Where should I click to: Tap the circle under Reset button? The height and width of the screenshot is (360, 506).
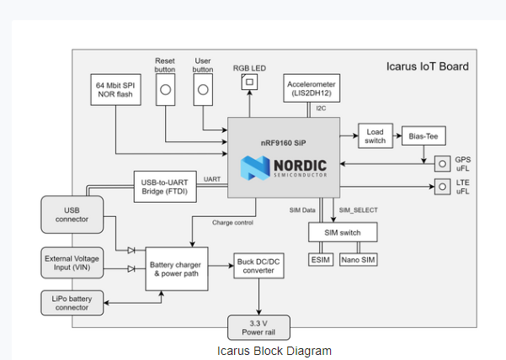click(166, 89)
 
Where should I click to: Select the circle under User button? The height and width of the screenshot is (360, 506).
click(204, 89)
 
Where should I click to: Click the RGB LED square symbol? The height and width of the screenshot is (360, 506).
click(248, 82)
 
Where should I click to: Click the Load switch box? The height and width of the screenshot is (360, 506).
click(375, 135)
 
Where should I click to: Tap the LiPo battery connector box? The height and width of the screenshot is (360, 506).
click(72, 302)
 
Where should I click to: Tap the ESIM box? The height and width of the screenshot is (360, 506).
click(321, 260)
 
